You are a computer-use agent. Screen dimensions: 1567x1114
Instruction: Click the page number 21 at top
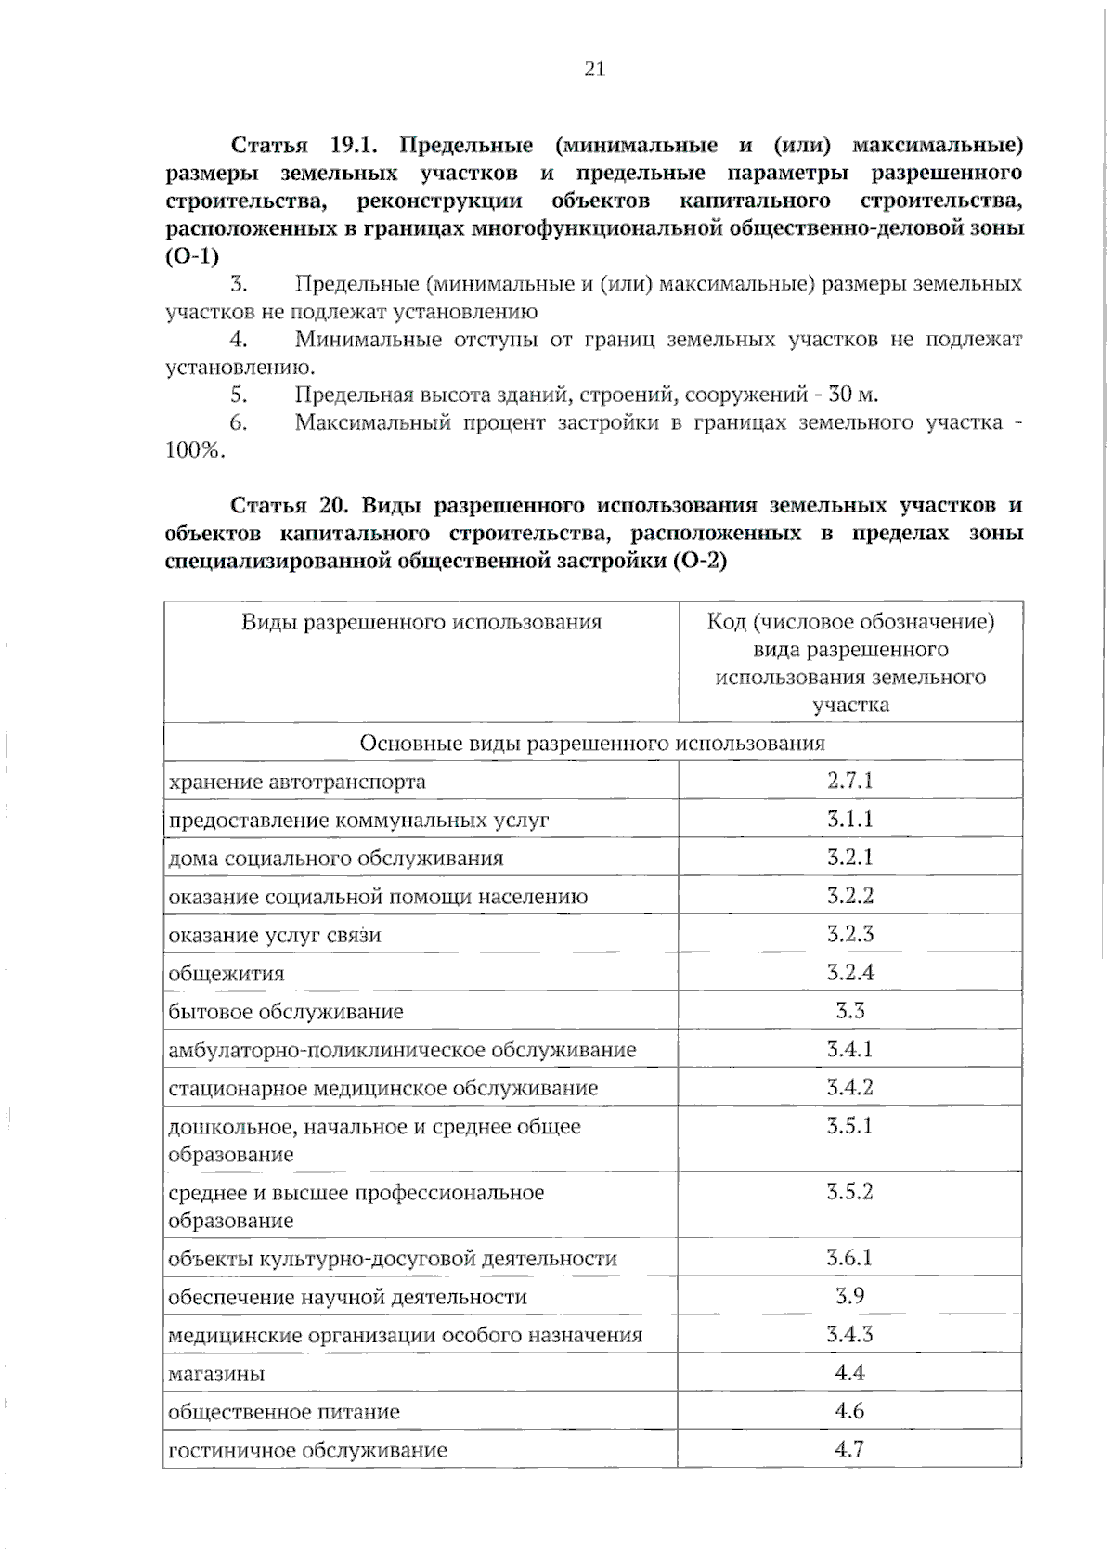(595, 69)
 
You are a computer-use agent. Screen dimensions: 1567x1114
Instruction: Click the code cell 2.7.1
(849, 780)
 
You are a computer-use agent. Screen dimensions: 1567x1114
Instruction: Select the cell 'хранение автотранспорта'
(297, 782)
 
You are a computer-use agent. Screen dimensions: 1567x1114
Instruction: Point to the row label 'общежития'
(227, 974)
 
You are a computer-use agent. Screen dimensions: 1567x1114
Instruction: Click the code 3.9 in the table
(849, 1296)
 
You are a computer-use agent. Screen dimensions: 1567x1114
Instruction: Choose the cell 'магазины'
(216, 1374)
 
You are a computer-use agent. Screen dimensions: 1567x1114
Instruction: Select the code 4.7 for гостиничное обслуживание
(849, 1448)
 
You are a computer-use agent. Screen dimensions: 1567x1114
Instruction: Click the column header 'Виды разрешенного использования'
(421, 622)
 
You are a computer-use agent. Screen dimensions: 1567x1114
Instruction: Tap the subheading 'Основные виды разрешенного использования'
(592, 743)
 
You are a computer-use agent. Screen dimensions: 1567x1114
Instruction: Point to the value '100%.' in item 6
(195, 451)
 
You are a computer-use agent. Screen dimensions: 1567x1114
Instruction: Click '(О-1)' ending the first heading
(191, 257)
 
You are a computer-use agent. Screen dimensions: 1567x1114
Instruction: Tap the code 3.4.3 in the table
(849, 1334)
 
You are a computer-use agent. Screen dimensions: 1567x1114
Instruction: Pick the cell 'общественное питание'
(284, 1412)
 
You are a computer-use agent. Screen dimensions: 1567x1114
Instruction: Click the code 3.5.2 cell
(849, 1192)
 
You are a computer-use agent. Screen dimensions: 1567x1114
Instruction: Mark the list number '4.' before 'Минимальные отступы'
(239, 340)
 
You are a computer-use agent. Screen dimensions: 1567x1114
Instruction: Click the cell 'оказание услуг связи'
(275, 936)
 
